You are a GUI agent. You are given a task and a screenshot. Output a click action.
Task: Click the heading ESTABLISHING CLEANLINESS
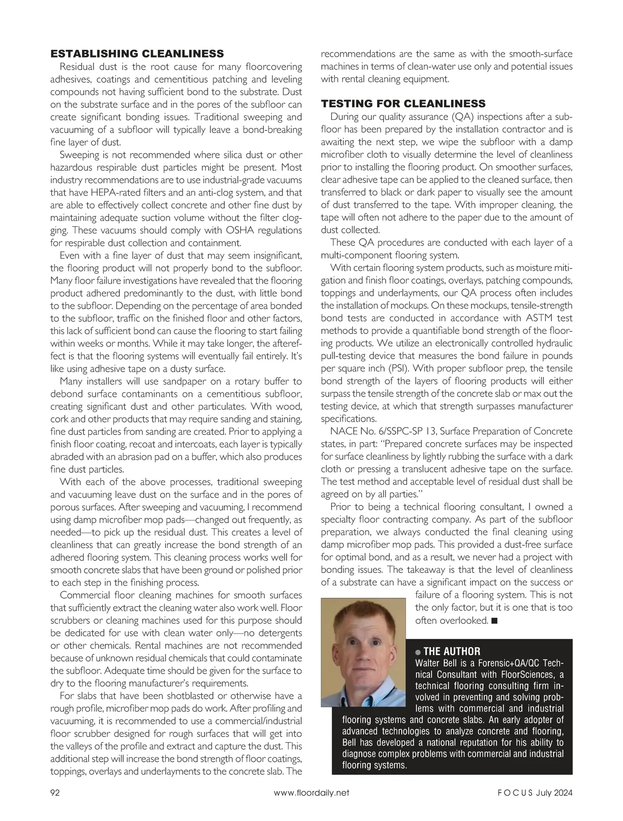pos(137,53)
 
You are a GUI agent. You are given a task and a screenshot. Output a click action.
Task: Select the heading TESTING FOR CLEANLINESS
pos(403,103)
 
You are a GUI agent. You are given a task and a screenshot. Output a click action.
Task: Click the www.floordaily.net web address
pos(311,792)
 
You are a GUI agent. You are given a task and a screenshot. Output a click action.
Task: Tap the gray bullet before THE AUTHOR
pos(418,652)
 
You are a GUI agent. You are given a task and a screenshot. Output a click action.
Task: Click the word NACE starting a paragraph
pos(343,431)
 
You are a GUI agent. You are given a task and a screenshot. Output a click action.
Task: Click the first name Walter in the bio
pos(429,663)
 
